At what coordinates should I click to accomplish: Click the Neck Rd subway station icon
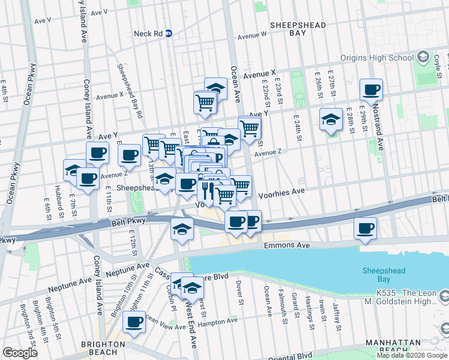click(x=169, y=34)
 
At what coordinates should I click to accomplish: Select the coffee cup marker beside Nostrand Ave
click(x=371, y=90)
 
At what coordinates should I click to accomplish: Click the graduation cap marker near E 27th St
click(x=330, y=119)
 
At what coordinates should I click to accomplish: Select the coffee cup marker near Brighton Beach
click(x=134, y=322)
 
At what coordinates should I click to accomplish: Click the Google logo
click(x=20, y=353)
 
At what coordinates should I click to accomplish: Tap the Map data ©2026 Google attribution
click(x=412, y=355)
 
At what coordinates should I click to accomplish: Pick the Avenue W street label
click(x=252, y=35)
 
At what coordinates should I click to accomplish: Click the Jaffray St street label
click(x=337, y=314)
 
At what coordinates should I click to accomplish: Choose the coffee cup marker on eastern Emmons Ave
click(x=365, y=228)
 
